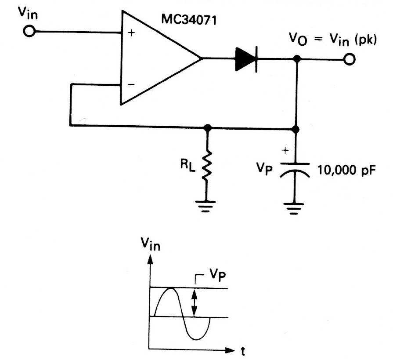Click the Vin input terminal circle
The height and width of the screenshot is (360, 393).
29,31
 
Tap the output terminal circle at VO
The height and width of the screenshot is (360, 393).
349,59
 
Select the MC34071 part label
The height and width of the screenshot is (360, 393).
189,20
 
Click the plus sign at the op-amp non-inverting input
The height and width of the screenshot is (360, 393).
132,33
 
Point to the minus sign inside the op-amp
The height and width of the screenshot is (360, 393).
131,84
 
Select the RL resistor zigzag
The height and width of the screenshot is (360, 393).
207,165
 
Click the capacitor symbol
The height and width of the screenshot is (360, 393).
295,170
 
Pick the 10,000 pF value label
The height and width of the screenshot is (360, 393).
347,171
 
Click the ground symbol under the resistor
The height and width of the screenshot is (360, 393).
206,206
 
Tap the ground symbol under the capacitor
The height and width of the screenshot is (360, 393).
294,209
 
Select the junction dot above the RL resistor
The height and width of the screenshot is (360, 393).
207,128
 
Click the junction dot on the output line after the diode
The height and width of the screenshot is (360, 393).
297,59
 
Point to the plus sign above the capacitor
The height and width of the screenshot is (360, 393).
285,150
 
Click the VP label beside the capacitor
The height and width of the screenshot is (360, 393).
264,168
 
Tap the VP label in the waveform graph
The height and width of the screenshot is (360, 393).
217,276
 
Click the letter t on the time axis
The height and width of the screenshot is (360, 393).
243,352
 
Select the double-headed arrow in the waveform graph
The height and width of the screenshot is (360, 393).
194,303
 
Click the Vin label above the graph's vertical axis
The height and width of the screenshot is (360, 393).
150,244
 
